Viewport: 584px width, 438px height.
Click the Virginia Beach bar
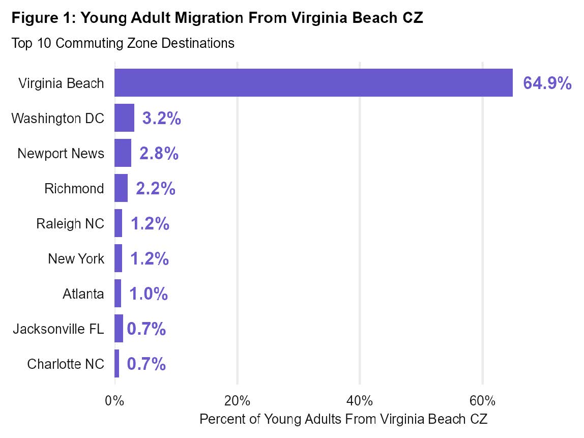313,83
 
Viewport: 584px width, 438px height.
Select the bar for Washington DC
124,118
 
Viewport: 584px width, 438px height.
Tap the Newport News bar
123,153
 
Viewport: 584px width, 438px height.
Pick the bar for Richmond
121,188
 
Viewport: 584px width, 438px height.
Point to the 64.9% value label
547,83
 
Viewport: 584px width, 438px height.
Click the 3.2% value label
162,119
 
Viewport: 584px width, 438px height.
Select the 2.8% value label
159,154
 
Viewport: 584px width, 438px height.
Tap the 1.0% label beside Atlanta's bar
149,294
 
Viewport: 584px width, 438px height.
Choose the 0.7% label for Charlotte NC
147,364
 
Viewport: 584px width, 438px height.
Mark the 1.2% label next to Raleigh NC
150,224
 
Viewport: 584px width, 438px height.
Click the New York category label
76,259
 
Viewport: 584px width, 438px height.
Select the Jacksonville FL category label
59,329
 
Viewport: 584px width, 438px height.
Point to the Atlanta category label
83,294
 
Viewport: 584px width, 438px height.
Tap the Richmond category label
74,189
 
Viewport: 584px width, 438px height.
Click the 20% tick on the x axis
237,401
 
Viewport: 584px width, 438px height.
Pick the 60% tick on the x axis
483,401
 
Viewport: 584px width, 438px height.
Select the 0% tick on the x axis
114,401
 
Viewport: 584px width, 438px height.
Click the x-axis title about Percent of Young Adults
343,419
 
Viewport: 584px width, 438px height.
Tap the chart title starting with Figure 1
217,19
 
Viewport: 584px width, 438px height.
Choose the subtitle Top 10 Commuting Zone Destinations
123,43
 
